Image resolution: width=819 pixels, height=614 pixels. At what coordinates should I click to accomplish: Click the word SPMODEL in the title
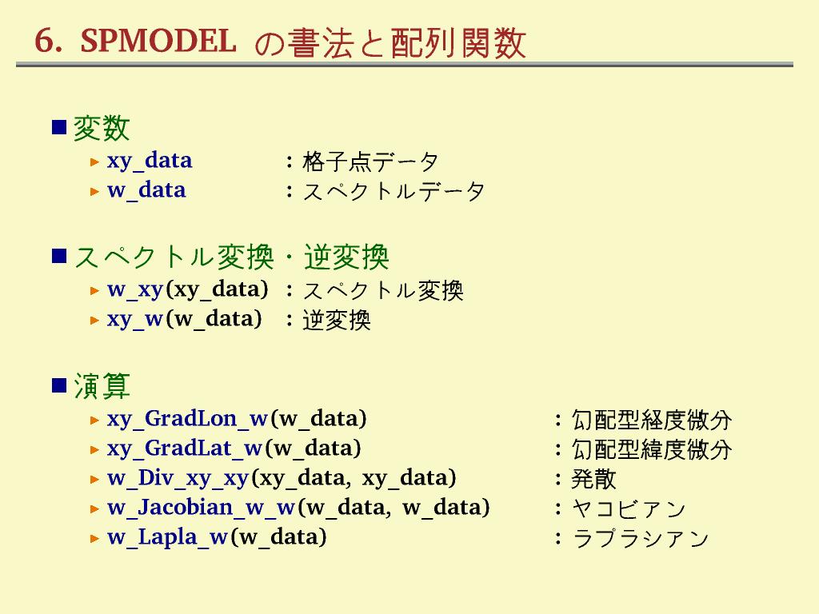158,41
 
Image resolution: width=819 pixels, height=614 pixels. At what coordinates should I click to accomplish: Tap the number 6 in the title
45,41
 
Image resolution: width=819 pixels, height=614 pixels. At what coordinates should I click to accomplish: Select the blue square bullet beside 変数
59,127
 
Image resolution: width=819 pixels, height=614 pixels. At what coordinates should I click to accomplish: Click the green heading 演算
102,386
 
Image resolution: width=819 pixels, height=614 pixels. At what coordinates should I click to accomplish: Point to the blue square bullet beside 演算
59,385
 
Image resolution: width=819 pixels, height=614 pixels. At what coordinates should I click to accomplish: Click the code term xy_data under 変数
150,161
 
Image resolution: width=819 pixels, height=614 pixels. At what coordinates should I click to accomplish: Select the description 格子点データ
370,161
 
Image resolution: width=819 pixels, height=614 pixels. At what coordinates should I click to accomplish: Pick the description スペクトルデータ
394,192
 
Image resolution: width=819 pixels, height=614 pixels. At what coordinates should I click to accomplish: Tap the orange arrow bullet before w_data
94,192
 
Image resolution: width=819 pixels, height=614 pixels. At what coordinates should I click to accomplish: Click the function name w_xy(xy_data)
187,289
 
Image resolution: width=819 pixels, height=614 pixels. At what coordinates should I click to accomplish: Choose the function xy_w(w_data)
185,320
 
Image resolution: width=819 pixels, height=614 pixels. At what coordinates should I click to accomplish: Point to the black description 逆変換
337,320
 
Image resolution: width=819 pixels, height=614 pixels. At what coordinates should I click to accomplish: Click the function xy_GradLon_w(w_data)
237,419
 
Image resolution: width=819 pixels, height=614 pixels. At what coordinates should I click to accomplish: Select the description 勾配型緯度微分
651,449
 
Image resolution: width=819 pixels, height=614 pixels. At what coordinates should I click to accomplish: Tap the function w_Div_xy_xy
178,479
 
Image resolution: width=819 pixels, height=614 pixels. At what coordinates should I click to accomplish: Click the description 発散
594,479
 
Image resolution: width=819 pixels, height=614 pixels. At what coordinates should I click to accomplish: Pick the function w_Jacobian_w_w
202,508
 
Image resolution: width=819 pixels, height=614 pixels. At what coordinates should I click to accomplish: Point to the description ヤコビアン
629,508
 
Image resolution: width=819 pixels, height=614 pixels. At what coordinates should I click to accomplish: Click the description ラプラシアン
641,538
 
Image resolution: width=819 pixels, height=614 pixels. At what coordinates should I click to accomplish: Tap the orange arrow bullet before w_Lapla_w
94,538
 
